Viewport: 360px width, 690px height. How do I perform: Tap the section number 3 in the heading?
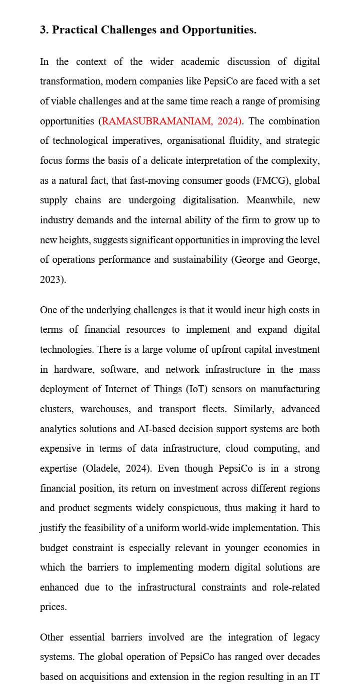point(43,30)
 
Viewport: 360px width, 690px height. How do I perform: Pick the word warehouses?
point(105,409)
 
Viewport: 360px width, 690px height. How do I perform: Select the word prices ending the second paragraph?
point(52,607)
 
